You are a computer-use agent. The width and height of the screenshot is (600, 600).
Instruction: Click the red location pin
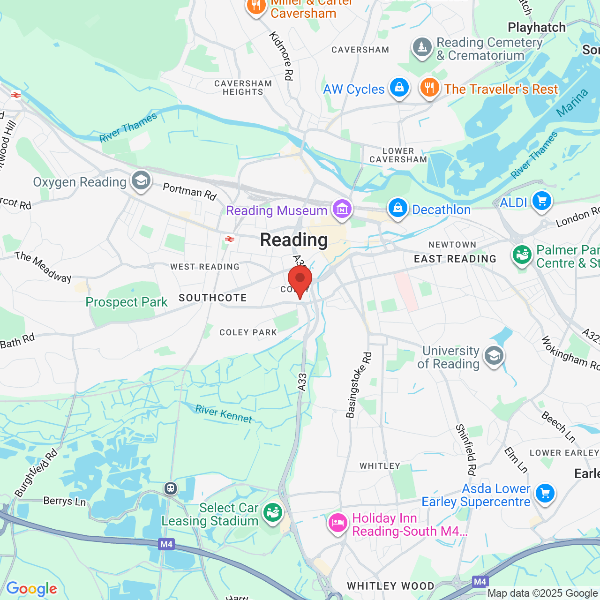pos(300,280)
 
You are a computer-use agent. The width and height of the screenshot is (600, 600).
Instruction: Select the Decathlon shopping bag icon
pos(398,208)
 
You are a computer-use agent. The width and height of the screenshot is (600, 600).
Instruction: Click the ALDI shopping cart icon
pos(542,201)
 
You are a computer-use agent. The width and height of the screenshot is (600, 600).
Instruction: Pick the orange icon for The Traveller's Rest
pos(429,87)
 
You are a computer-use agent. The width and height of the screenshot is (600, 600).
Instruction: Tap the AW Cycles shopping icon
pos(399,87)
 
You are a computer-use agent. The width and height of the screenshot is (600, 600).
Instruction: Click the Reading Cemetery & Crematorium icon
pos(422,47)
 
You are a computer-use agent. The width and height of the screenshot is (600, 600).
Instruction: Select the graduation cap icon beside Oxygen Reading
pos(141,180)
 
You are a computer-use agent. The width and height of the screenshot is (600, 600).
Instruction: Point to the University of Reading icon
pos(494,356)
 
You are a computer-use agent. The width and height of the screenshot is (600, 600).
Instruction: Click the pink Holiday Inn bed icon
pos(337,523)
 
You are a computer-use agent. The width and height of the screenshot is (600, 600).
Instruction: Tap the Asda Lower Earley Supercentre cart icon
pos(545,493)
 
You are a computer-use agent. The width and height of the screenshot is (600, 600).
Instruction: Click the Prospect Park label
pos(127,302)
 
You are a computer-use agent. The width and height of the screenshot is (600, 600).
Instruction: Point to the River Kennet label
pos(224,414)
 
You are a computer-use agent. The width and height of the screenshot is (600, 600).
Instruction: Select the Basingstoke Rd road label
pos(359,385)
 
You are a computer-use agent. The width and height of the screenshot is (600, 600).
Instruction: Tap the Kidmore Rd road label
pos(281,56)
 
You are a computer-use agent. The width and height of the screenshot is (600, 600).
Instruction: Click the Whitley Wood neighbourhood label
pos(390,586)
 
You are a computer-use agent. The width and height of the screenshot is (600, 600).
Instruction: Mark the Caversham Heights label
pos(243,88)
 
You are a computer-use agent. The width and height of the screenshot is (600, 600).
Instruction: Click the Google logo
pos(31,589)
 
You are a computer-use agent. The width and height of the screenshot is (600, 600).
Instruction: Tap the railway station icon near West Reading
pos(230,239)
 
